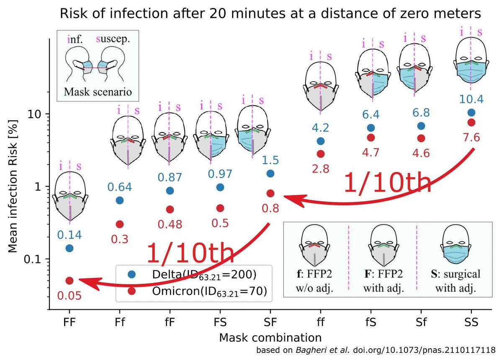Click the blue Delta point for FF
click(70, 248)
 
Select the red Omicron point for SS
click(471, 122)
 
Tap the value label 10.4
click(471, 100)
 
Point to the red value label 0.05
click(70, 296)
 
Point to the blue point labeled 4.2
click(321, 141)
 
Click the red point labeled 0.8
click(270, 193)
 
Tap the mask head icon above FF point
click(70, 197)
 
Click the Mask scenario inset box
click(98, 65)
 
